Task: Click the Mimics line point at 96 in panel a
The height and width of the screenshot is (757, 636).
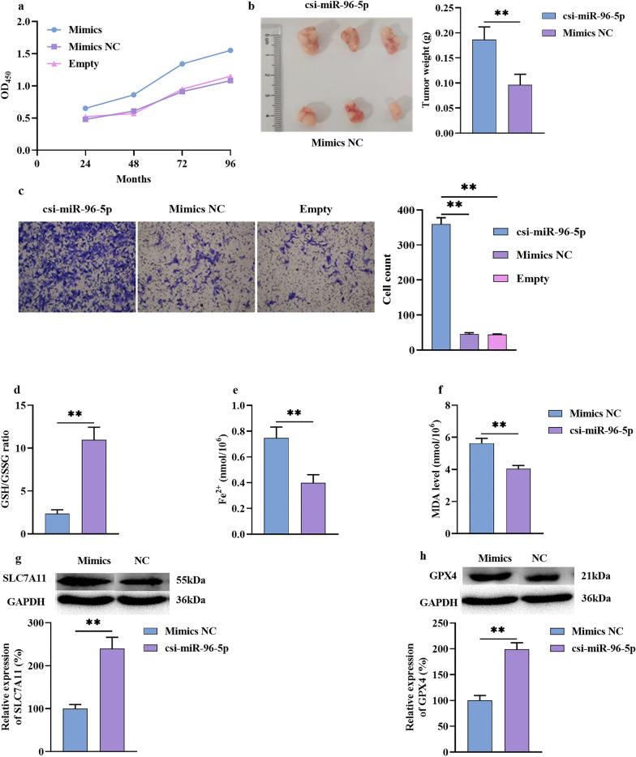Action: tap(230, 50)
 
